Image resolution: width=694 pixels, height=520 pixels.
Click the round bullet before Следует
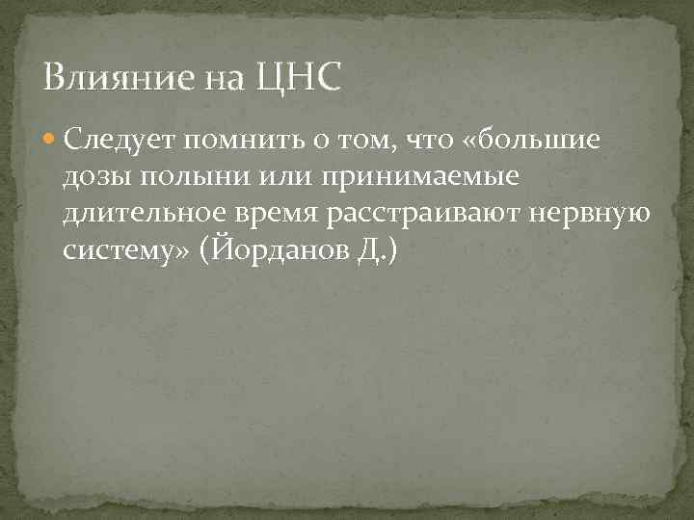[x=51, y=142]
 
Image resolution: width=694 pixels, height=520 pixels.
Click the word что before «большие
[x=427, y=143]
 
